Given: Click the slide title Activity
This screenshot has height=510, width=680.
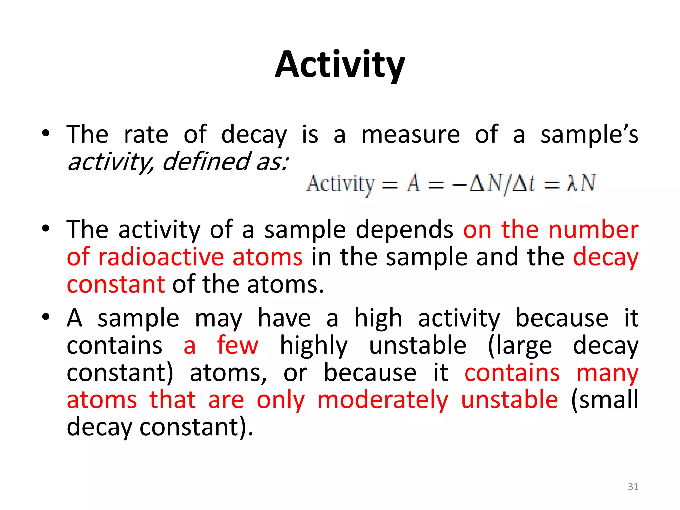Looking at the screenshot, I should click(x=340, y=65).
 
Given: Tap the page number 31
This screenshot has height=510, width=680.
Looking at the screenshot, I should click(x=633, y=487).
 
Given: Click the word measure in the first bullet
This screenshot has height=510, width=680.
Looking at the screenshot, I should click(x=410, y=134).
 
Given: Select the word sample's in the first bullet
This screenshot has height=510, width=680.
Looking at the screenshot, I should click(x=589, y=134).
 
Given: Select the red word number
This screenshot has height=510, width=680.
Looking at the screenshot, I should click(x=593, y=230).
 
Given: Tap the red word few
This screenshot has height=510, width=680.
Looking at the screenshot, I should click(x=237, y=345).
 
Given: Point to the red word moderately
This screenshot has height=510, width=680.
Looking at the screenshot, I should click(x=383, y=400).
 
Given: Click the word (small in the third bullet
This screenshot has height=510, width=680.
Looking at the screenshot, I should click(x=605, y=400).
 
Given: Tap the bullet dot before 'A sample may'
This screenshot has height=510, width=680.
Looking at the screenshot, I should click(x=46, y=317).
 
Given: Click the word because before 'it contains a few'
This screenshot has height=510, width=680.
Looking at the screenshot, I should click(x=562, y=318).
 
